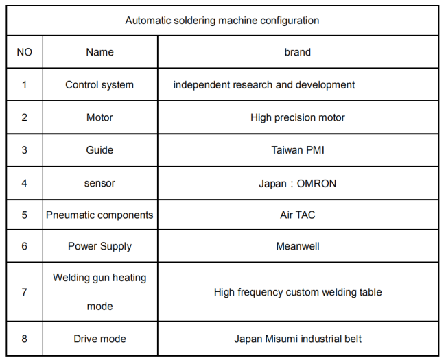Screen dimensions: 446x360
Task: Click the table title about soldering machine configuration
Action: click(x=222, y=21)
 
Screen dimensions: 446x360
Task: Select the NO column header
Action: click(x=25, y=52)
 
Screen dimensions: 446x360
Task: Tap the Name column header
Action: click(x=100, y=52)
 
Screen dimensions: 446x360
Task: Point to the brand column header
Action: click(x=298, y=52)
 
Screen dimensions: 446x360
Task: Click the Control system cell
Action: click(x=99, y=85)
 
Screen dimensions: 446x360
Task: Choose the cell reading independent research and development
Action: click(x=264, y=85)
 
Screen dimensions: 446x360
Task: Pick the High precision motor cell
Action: click(x=298, y=117)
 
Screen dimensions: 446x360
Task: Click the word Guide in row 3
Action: click(x=99, y=150)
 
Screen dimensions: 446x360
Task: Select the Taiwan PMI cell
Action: click(x=298, y=150)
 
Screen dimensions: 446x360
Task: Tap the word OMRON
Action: click(x=316, y=183)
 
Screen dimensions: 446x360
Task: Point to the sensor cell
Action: click(x=99, y=183)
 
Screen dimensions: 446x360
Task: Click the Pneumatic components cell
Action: click(x=99, y=215)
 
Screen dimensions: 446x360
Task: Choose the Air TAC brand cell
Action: click(x=298, y=215)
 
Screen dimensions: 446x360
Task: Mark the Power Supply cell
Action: click(x=100, y=246)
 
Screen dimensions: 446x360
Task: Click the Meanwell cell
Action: click(x=298, y=246)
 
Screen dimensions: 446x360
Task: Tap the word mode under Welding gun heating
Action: click(x=100, y=307)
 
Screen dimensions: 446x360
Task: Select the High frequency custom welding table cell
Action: click(x=298, y=292)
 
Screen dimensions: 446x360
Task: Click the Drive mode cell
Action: click(x=100, y=339)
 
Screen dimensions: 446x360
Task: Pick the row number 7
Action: click(x=25, y=292)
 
